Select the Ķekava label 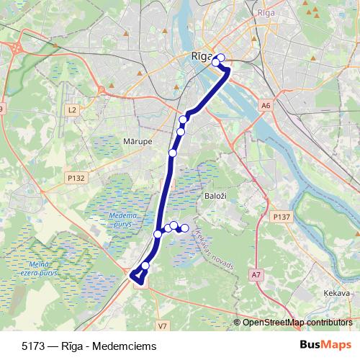tap(336, 294)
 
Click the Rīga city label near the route tap(202, 56)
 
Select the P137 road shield tap(281, 216)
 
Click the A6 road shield tap(266, 106)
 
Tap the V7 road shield tap(162, 326)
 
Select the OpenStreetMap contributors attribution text tap(297, 323)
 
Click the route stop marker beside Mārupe tap(173, 153)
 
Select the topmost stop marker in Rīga tap(221, 58)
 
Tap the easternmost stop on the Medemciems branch tap(184, 228)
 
